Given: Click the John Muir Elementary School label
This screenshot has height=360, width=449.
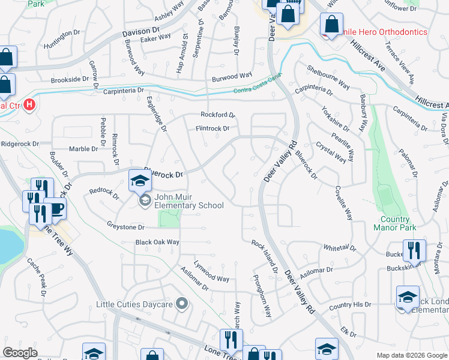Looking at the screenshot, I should pos(189,200).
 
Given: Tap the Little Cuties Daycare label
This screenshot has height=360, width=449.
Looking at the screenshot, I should pos(137,304).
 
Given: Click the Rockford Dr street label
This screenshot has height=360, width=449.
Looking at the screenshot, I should pos(217,115).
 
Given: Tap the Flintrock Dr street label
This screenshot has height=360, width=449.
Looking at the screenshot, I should pos(212,128).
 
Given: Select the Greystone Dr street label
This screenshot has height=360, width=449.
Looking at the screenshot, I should pos(126,227).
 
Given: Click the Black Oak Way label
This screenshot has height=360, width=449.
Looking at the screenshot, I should pos(157,242).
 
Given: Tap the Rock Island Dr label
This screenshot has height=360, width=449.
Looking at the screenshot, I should pos(265,257).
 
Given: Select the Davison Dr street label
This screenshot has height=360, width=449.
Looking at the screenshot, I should pos(141,29).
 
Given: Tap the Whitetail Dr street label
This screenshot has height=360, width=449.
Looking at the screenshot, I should pos(340,248).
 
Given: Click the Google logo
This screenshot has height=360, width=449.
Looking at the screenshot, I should pos(20,353).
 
